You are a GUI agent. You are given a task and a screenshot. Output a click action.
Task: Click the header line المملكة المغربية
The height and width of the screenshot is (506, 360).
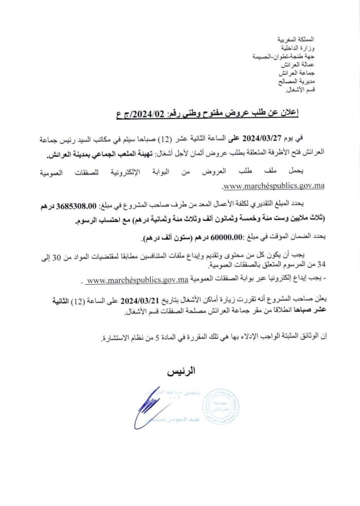[x=297, y=39]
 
